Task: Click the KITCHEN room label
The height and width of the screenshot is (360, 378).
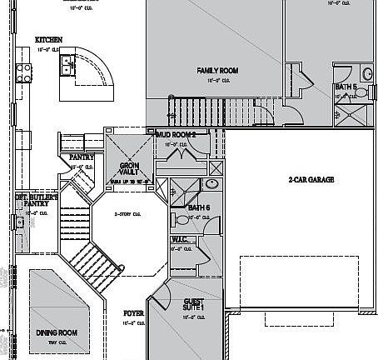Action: pyautogui.click(x=49, y=39)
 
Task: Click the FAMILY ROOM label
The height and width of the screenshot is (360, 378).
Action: pyautogui.click(x=217, y=71)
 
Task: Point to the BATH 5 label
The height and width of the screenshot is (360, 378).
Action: pyautogui.click(x=346, y=86)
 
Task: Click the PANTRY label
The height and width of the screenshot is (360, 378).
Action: pyautogui.click(x=81, y=156)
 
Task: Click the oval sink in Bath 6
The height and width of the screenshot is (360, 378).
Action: pyautogui.click(x=212, y=184)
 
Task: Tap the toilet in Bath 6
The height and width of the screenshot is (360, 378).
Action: pyautogui.click(x=181, y=220)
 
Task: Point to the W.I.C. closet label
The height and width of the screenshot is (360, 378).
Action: pyautogui.click(x=179, y=239)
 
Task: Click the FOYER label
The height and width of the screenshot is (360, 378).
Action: pyautogui.click(x=133, y=313)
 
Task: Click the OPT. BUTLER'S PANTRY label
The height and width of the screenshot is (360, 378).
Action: pyautogui.click(x=37, y=200)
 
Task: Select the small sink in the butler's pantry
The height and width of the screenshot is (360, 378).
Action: pyautogui.click(x=18, y=222)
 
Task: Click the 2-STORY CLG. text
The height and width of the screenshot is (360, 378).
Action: pyautogui.click(x=126, y=212)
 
